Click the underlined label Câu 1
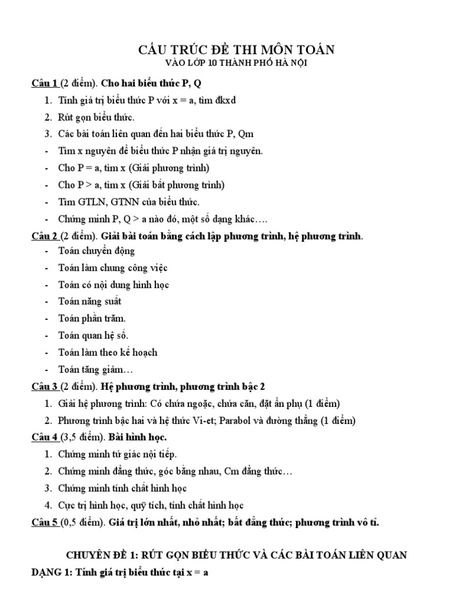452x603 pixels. [44, 82]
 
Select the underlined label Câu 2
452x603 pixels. [44, 236]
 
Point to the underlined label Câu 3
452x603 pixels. [44, 386]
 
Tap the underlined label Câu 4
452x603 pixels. [44, 437]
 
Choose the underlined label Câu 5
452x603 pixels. [44, 522]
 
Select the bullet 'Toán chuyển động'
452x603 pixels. [97, 251]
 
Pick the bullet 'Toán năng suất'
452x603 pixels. [89, 301]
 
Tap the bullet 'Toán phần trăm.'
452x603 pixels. [92, 319]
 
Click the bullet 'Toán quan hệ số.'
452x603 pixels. [93, 336]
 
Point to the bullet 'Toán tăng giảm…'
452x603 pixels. [96, 370]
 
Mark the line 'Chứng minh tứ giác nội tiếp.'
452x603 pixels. [118, 454]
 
